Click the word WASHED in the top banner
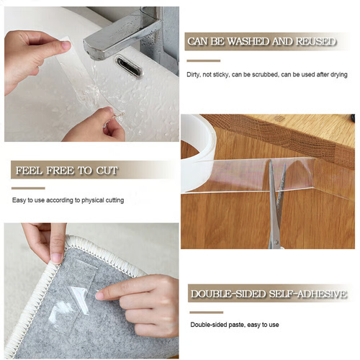[251, 42]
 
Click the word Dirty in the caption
[195, 75]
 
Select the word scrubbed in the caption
[271, 75]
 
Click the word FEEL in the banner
[27, 171]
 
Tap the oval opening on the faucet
[130, 62]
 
